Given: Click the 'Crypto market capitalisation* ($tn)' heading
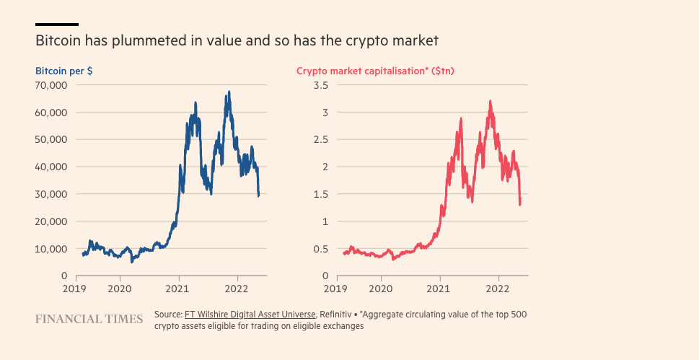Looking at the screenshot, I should point(375,71).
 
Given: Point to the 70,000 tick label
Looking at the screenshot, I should point(51,85).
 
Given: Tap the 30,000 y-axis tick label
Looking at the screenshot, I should point(51,194).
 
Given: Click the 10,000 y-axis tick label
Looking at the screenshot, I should point(51,249).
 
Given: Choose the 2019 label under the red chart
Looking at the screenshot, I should point(335,289).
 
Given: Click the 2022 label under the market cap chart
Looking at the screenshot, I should point(498,289).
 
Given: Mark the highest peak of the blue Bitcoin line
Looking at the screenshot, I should point(229,92).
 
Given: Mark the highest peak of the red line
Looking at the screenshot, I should point(491,102).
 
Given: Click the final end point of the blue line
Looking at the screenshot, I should point(259,196).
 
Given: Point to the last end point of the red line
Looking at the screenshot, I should point(520,204).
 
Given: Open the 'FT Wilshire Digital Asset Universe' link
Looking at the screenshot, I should point(250,315).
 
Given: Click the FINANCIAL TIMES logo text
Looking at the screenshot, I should point(89,319).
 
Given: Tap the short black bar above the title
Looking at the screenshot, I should point(57,25).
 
